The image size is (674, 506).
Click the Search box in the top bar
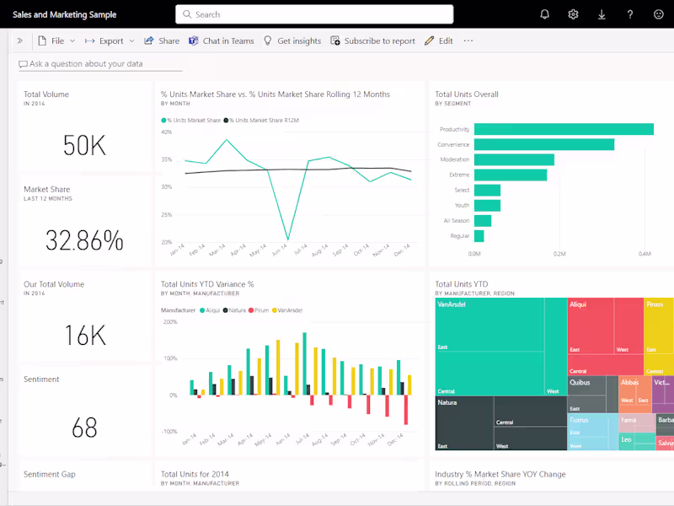click(x=313, y=14)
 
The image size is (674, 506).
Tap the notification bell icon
click(x=544, y=14)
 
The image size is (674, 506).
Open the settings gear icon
click(x=573, y=14)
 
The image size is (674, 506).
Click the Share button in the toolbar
click(x=162, y=40)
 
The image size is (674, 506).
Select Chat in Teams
click(x=221, y=40)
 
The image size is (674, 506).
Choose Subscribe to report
click(x=372, y=40)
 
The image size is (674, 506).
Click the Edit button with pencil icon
click(x=439, y=40)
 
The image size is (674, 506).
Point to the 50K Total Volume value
click(x=84, y=146)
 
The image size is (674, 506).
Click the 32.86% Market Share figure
click(x=84, y=241)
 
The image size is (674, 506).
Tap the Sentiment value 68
click(x=84, y=428)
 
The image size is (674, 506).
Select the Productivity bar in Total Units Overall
click(x=564, y=129)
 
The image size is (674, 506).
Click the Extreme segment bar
click(x=511, y=175)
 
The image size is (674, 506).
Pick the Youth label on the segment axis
click(x=462, y=205)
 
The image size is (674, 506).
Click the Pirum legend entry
click(x=259, y=310)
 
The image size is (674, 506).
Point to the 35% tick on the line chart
click(x=167, y=159)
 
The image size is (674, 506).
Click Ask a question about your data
click(x=86, y=64)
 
